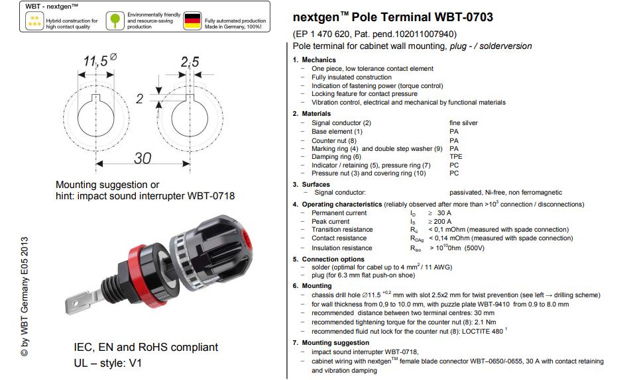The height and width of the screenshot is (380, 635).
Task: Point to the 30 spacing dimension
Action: click(142, 158)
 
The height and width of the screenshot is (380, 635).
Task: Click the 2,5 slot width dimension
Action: click(190, 62)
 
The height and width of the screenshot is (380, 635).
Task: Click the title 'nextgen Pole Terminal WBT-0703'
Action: click(392, 17)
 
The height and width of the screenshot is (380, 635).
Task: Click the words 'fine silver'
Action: click(463, 123)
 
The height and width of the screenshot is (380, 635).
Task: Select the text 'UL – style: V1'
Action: click(107, 363)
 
